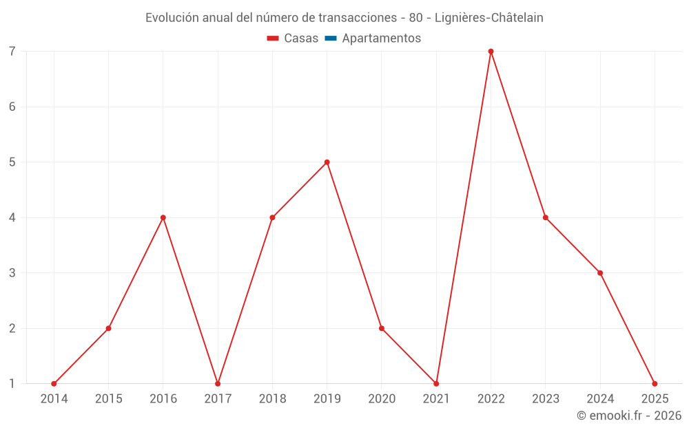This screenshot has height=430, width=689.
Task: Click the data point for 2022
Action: click(491, 52)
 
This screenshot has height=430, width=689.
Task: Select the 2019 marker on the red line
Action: click(327, 162)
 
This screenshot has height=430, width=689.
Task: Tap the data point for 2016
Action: click(163, 217)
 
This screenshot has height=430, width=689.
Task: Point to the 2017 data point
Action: click(218, 383)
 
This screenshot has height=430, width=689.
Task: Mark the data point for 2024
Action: click(600, 273)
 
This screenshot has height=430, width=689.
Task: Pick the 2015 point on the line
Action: click(108, 328)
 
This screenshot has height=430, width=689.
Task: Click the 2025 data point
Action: click(655, 383)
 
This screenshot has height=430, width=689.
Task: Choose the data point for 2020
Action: click(382, 328)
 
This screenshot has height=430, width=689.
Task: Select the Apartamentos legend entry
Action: click(381, 39)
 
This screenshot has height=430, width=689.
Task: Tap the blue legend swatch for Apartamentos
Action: click(330, 39)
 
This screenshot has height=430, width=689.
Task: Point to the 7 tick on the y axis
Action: click(12, 52)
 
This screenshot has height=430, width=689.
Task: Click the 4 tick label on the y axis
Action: click(12, 217)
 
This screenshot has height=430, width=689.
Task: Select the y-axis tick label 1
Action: click(12, 383)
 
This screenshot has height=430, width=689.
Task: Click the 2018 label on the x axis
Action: click(272, 399)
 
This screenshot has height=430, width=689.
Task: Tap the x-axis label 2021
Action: click(436, 399)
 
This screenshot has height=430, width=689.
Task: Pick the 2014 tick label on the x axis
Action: click(54, 399)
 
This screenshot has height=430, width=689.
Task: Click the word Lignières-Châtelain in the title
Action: click(489, 18)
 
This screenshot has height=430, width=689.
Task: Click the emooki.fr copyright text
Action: click(628, 416)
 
